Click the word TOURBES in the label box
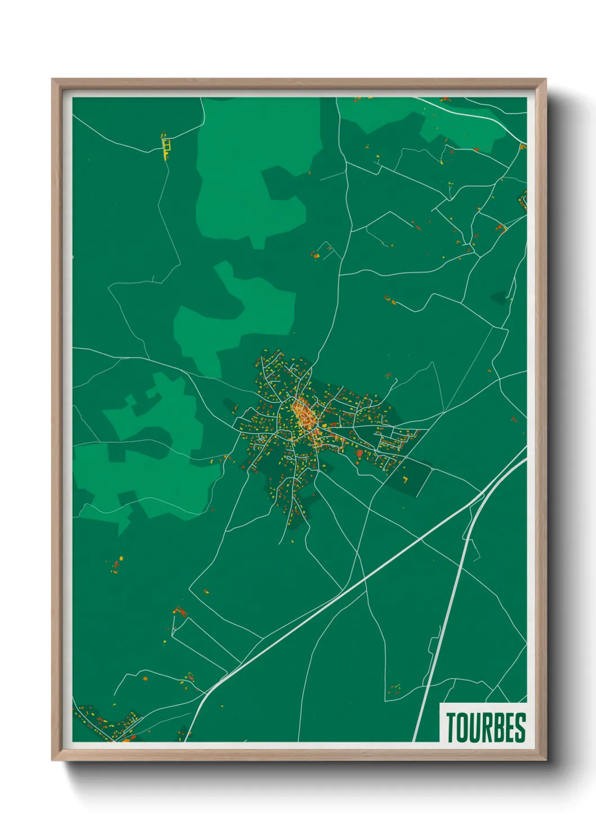(486, 727)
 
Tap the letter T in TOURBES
(451, 727)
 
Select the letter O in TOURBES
(462, 727)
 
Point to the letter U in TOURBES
(474, 727)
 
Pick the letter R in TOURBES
(486, 727)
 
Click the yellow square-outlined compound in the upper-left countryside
(166, 147)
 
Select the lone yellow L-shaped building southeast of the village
(405, 481)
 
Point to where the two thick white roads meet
(483, 496)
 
